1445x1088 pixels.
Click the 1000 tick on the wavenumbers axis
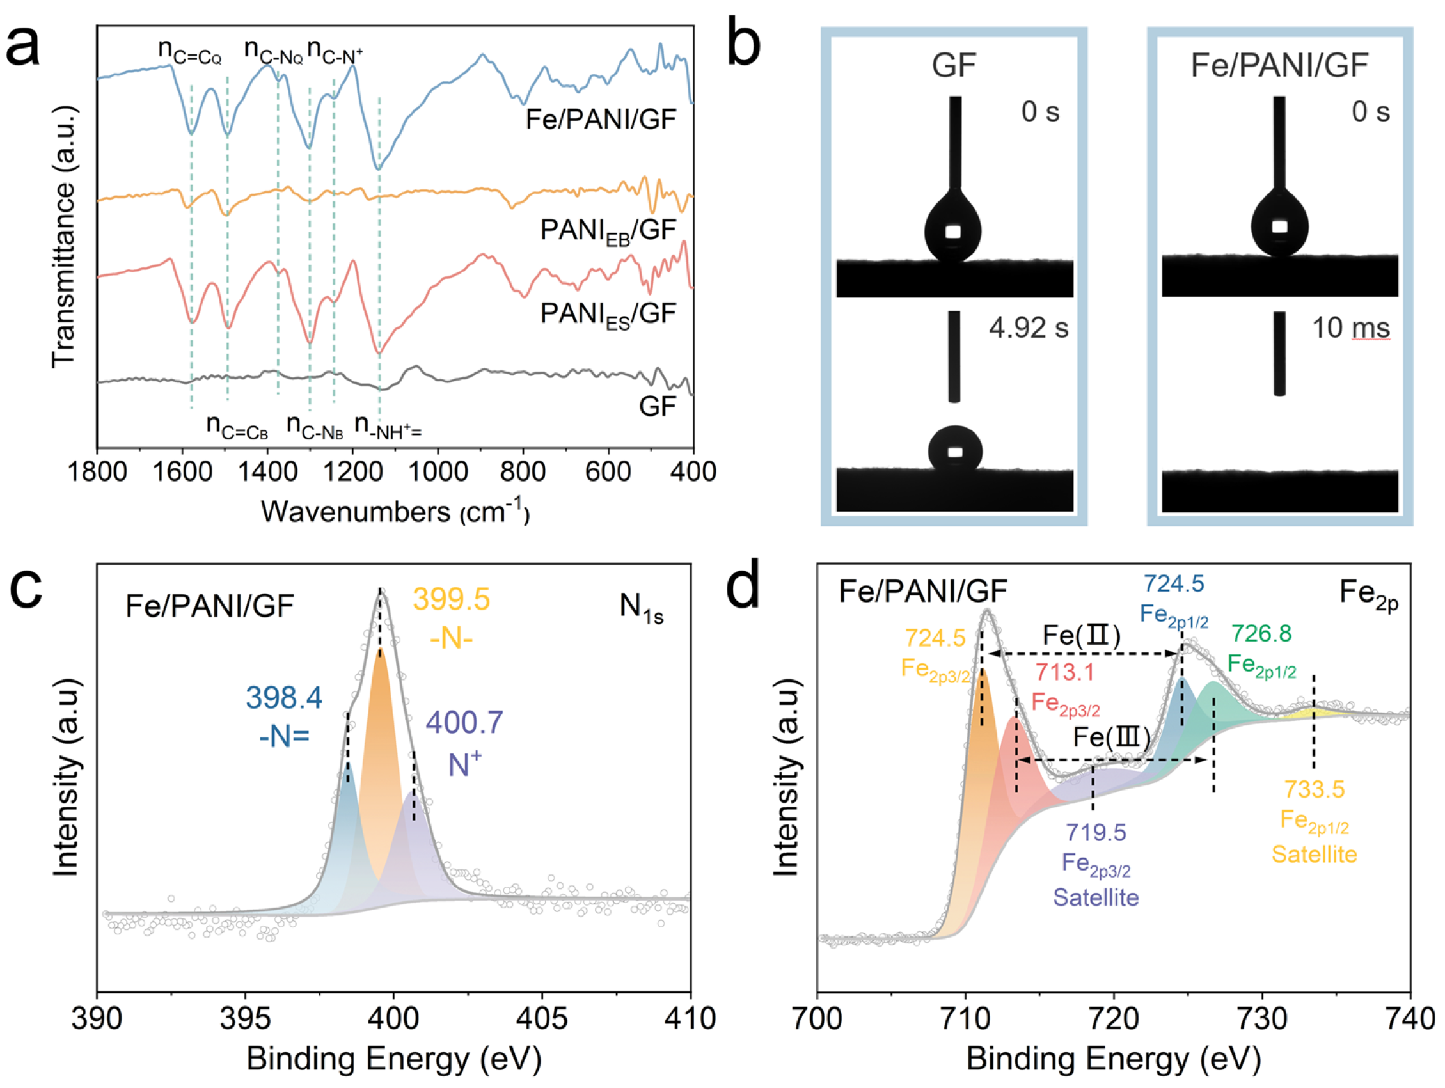438,471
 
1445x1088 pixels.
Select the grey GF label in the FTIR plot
656,406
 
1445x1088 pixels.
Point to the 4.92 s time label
1028,328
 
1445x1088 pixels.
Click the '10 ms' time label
1350,328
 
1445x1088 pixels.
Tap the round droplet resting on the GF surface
955,449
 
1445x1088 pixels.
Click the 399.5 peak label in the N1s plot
451,599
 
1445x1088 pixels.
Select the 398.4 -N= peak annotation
284,716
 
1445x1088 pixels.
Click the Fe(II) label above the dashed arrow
1081,635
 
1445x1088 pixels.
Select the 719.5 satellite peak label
1096,863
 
